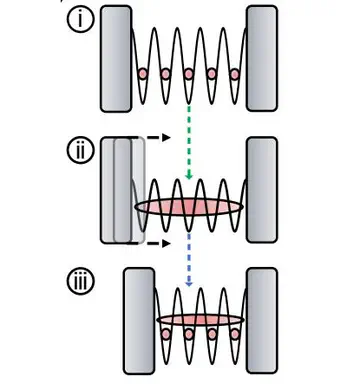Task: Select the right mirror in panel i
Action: tap(262, 58)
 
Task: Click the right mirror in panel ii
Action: tap(262, 190)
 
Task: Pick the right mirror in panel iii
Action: tap(262, 320)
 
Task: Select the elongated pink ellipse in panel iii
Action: tap(200, 320)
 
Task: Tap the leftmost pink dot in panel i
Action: tap(143, 75)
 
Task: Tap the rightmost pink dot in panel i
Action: tap(234, 75)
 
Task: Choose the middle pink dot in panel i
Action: tap(188, 75)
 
